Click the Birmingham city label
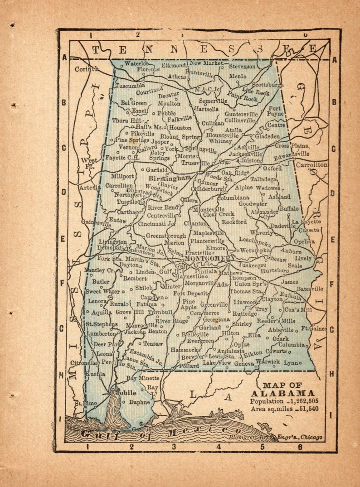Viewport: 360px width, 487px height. point(170,178)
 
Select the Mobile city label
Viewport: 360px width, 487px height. point(121,392)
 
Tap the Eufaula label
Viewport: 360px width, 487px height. point(291,297)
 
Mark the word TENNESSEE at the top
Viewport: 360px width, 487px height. point(204,49)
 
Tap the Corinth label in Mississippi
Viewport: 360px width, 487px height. point(86,69)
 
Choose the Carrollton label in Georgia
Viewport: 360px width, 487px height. point(311,165)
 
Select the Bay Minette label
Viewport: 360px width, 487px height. point(142,378)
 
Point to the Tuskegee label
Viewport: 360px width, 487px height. point(252,265)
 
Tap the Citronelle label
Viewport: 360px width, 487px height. point(83,363)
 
